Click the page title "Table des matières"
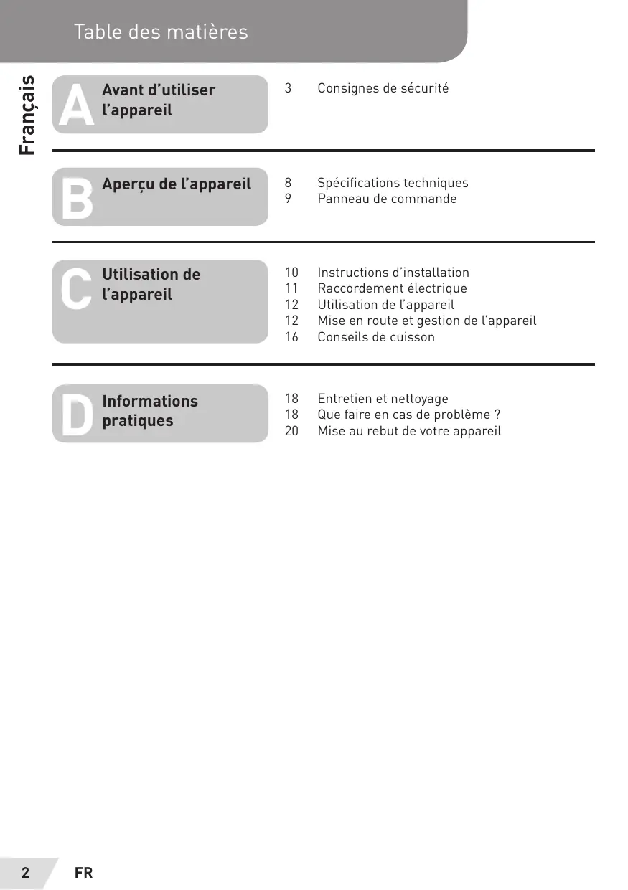[x=161, y=32]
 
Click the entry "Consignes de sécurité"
[x=383, y=88]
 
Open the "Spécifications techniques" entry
[x=393, y=183]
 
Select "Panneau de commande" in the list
[x=387, y=199]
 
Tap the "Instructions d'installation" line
[x=393, y=273]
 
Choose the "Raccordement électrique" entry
[x=392, y=288]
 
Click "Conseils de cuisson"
[x=376, y=337]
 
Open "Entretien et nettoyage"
[x=383, y=399]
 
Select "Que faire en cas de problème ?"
[x=408, y=415]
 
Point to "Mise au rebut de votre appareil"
[x=409, y=431]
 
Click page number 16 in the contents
[x=291, y=337]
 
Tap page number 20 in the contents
[x=291, y=431]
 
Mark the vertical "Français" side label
[x=27, y=115]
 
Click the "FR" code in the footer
[x=83, y=873]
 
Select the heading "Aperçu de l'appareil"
[x=177, y=184]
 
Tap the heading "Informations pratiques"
[x=150, y=411]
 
